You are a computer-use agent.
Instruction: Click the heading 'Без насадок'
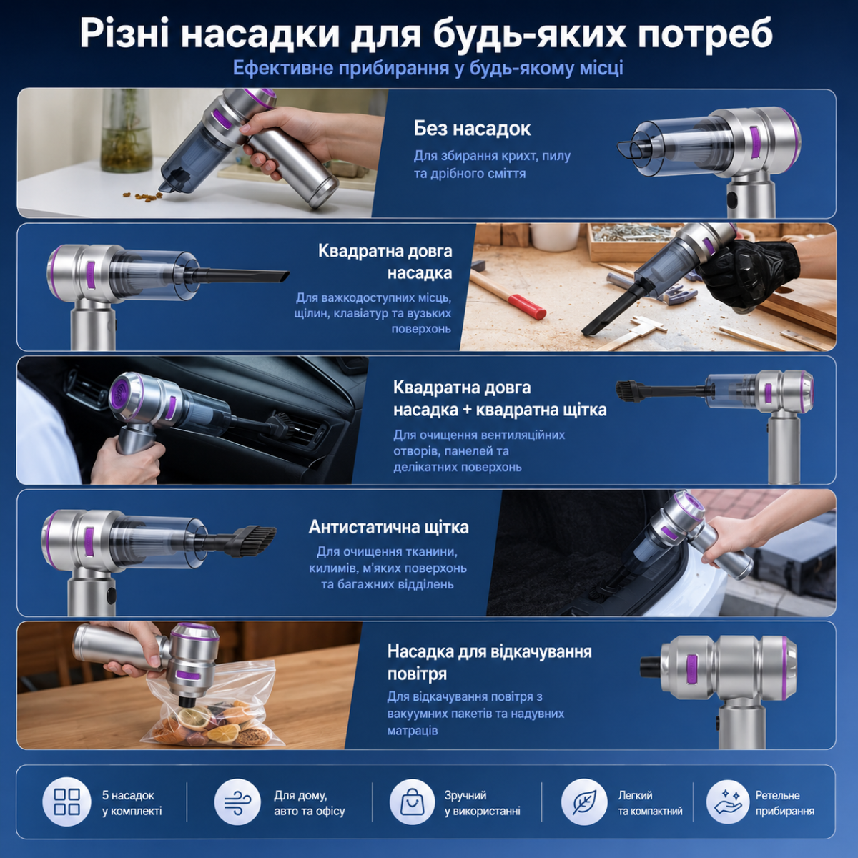click(472, 129)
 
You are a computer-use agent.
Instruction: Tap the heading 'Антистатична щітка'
click(389, 527)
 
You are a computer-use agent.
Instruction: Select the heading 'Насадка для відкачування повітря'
click(489, 663)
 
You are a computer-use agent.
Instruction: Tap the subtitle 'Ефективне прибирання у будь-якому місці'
click(428, 69)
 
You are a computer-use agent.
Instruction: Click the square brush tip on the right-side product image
click(626, 389)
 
